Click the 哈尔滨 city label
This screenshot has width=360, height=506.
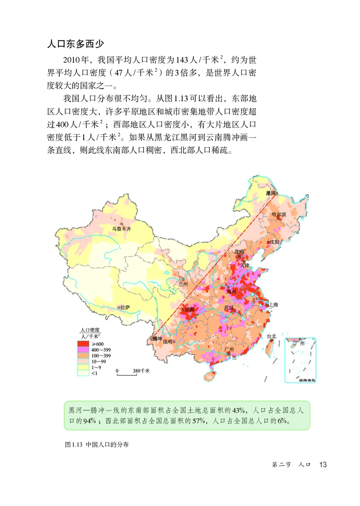tap(279, 214)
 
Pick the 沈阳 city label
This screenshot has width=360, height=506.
tap(274, 242)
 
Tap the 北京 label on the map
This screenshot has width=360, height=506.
tap(239, 252)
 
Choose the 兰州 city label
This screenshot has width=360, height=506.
tap(183, 284)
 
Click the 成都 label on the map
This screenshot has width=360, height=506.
tap(189, 309)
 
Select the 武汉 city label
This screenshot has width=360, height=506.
tap(229, 308)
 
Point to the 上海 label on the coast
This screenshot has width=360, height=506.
tap(274, 305)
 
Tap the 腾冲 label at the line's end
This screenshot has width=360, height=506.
tap(157, 339)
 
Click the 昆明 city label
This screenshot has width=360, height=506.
tap(168, 342)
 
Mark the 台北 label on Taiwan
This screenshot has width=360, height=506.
tap(271, 336)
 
